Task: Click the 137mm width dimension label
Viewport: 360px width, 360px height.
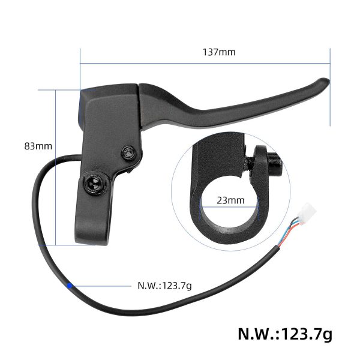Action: [x=219, y=52]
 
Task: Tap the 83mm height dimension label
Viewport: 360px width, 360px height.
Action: [x=38, y=146]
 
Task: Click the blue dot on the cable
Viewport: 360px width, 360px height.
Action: [x=71, y=286]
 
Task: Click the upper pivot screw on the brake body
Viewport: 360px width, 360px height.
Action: [x=128, y=154]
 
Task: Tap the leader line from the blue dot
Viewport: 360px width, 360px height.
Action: [x=102, y=286]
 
